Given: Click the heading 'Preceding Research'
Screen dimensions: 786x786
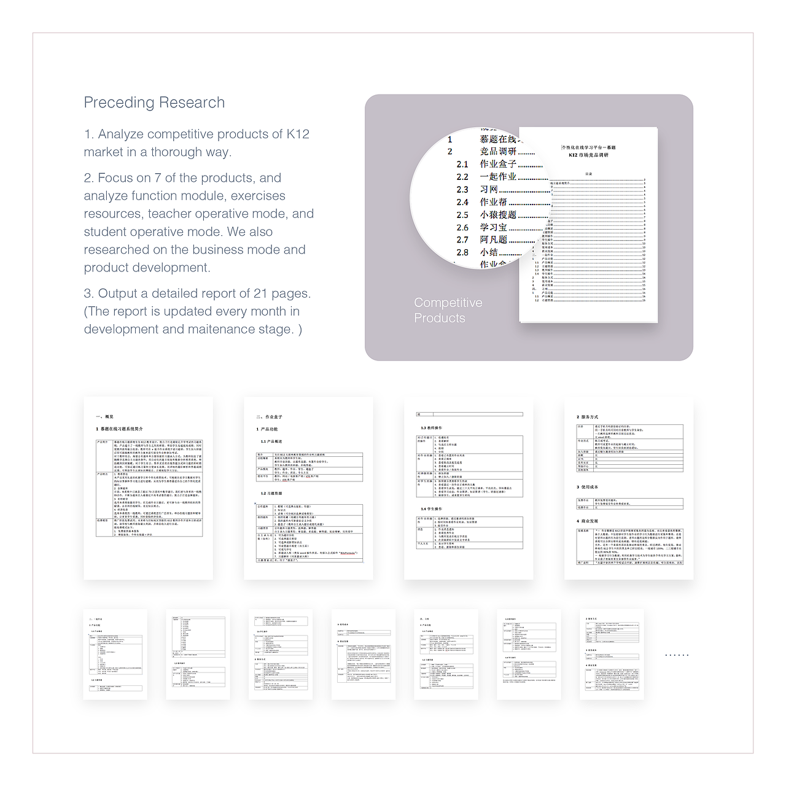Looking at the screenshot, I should tap(154, 103).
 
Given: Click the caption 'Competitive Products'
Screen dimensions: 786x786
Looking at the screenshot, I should tap(448, 310).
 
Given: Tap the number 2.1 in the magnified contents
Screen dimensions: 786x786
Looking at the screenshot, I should tap(462, 165).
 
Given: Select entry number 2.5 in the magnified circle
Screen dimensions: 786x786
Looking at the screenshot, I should tap(462, 215).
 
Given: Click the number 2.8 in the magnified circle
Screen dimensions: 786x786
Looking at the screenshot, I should tap(462, 252).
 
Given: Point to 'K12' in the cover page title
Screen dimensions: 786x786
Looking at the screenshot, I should tap(573, 155).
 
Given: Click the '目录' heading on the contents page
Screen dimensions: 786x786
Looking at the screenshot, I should tap(588, 174).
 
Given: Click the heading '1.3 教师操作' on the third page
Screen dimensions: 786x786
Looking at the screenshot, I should tap(431, 428).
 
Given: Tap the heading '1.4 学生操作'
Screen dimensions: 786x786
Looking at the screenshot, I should tap(431, 509).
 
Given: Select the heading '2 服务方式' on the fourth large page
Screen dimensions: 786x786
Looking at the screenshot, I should tap(587, 417).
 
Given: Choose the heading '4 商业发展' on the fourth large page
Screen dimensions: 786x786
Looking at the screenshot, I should tap(587, 521).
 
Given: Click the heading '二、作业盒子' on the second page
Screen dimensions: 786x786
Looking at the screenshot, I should tap(269, 417).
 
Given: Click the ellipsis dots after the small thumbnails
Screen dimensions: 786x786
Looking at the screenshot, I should tap(677, 655).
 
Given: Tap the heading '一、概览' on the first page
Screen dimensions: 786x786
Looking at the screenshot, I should tap(104, 417).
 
